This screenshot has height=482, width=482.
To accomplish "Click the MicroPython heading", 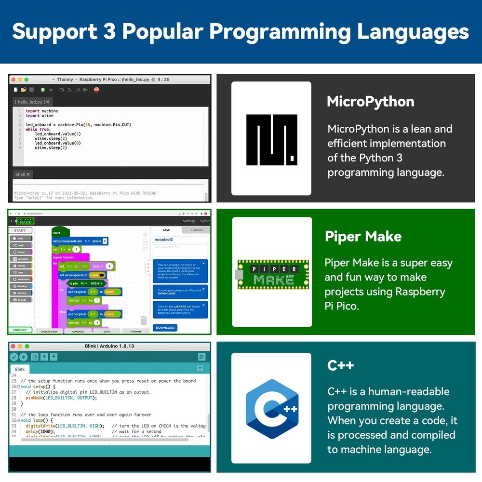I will tap(370, 102).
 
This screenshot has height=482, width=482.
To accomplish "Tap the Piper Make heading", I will tap(363, 236).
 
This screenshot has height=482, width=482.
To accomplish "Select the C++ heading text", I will tap(340, 365).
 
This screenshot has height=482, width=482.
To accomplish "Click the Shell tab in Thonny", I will tap(23, 174).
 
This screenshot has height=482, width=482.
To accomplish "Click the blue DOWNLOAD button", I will tap(165, 327).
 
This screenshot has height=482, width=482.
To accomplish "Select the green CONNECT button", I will tap(20, 330).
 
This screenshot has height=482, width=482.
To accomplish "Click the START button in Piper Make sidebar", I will tap(20, 230).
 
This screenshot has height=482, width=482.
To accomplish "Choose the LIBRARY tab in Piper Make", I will tap(197, 230).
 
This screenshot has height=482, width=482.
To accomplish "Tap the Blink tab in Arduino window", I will tap(20, 369).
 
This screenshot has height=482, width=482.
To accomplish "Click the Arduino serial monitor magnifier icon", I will tap(201, 357).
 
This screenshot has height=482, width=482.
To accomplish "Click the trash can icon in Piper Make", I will tap(144, 320).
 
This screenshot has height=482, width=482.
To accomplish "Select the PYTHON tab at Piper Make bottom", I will tap(135, 332).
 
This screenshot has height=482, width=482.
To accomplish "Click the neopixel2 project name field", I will tap(180, 239).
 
